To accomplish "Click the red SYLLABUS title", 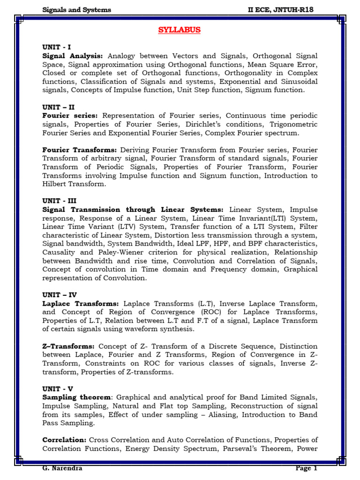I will [179, 30].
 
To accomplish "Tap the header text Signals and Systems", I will [76, 9].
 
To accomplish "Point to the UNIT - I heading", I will [56, 47].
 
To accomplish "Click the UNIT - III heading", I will [60, 201].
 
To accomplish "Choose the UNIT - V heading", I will [58, 389].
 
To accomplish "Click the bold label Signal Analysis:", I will [73, 56].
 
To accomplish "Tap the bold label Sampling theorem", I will [77, 397].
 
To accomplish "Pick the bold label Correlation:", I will [64, 440].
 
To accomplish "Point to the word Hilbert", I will [56, 184].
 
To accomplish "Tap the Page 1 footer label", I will [307, 468].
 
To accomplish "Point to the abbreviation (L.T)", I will [202, 303].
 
